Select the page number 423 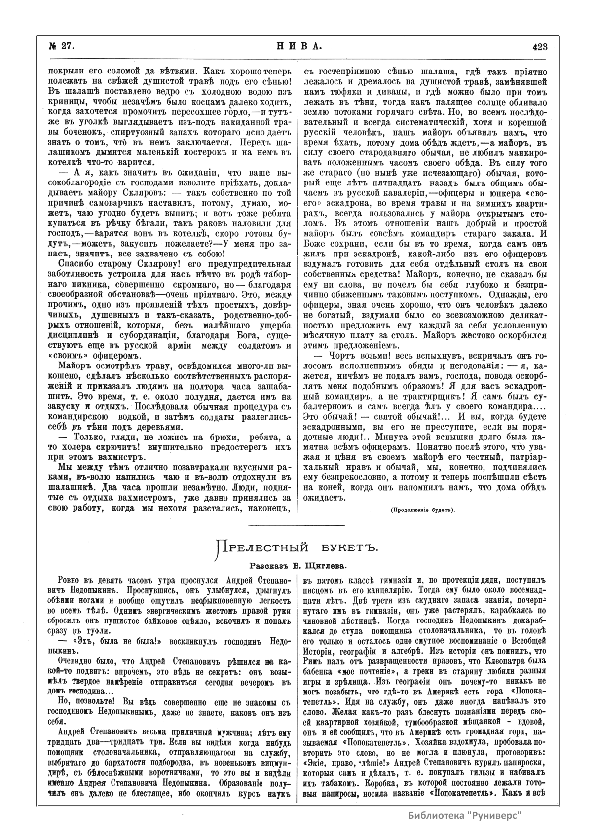(540, 46)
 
